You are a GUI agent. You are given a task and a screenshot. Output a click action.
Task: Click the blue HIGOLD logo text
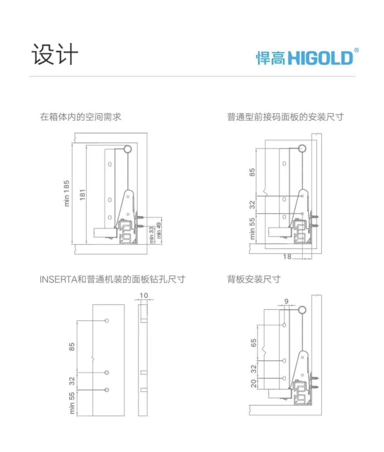(320, 58)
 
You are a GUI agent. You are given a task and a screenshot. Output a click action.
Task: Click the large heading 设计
(55, 54)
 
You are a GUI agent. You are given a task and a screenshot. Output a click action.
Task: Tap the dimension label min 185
(67, 193)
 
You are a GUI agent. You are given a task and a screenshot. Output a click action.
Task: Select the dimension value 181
(82, 195)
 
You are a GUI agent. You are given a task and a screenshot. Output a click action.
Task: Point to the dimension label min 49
(159, 230)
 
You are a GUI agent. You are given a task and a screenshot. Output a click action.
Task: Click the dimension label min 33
(151, 235)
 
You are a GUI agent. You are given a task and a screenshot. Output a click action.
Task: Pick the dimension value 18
(287, 257)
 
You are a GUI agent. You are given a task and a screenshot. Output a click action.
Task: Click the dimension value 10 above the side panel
(144, 296)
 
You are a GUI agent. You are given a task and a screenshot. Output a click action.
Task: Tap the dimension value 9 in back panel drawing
(287, 301)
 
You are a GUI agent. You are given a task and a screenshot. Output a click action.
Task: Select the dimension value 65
(253, 343)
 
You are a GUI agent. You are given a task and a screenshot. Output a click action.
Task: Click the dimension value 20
(253, 383)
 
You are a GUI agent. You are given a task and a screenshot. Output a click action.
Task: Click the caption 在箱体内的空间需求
(80, 117)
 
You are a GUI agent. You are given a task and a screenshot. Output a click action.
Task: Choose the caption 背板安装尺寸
(254, 279)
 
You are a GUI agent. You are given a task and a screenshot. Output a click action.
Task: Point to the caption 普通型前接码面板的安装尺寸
(286, 117)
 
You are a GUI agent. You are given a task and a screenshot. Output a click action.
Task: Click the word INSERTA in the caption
(58, 279)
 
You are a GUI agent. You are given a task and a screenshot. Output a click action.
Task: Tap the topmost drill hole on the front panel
(107, 320)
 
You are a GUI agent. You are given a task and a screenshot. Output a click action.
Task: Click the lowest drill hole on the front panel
(107, 390)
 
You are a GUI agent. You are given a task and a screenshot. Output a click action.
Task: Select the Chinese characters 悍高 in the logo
(271, 58)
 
